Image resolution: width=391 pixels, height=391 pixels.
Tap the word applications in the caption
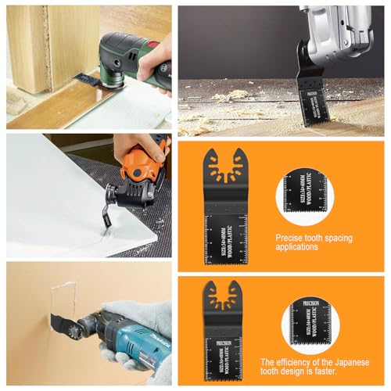coord(296,246)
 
